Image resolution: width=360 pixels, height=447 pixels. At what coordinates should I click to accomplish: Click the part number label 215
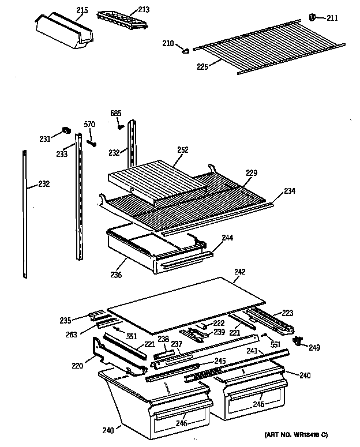tap(82, 10)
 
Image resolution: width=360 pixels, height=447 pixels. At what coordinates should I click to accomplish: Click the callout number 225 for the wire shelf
tap(202, 67)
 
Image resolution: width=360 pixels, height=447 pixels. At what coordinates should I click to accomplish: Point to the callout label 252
tap(182, 150)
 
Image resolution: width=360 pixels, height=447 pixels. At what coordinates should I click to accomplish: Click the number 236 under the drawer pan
tap(116, 275)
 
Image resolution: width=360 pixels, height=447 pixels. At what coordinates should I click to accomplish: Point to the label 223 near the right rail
tap(287, 313)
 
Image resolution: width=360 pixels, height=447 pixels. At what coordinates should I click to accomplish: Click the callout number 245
tap(219, 361)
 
